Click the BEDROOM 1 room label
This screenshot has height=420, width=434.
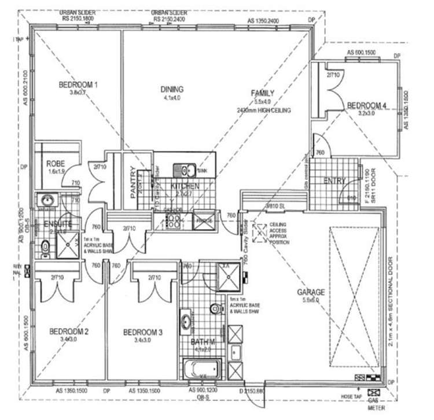click(x=78, y=85)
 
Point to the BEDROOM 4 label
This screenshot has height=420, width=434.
click(x=366, y=105)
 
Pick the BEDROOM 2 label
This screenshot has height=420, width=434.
click(x=68, y=331)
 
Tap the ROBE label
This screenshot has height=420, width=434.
click(x=56, y=164)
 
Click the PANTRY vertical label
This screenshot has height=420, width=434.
click(x=133, y=183)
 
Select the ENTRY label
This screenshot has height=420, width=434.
click(x=334, y=181)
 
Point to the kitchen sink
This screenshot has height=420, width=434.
click(x=188, y=171)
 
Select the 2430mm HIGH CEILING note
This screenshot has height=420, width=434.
click(x=263, y=110)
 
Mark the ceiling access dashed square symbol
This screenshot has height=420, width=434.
click(x=258, y=234)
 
